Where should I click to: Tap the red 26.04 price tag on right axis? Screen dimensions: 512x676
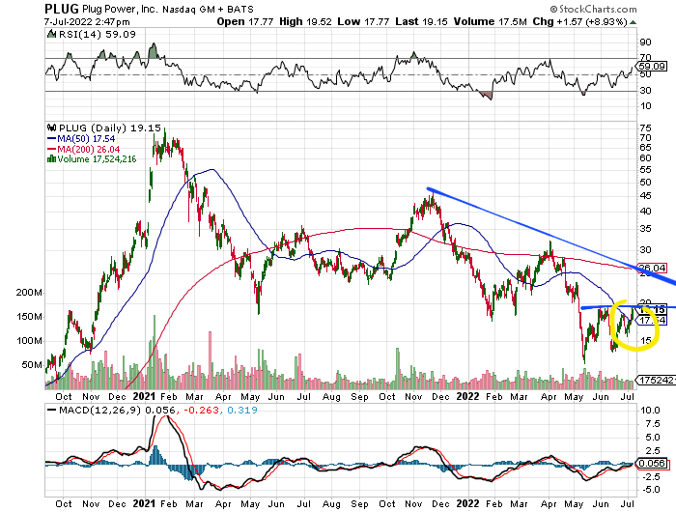(x=653, y=268)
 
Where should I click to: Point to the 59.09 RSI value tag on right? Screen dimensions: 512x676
(x=653, y=66)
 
